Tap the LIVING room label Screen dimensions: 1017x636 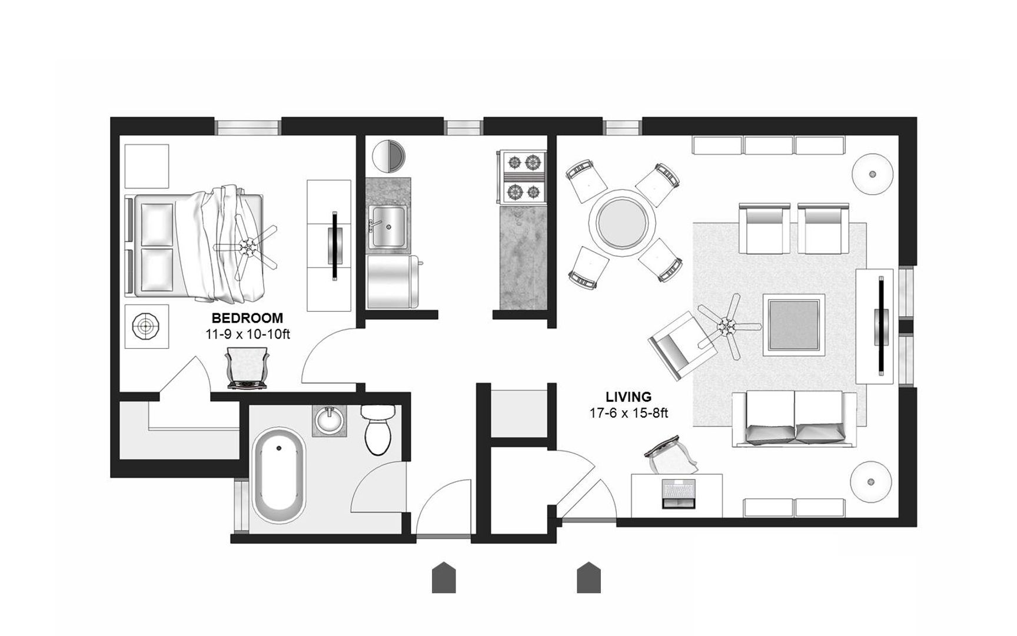[x=629, y=397]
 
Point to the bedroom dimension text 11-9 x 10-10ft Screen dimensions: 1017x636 [x=248, y=334]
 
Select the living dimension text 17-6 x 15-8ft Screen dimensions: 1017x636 [x=629, y=413]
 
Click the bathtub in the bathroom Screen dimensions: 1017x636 [x=280, y=477]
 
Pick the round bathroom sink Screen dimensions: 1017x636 [x=330, y=420]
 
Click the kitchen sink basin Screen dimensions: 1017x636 [x=388, y=227]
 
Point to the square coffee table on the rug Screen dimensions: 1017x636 [x=792, y=324]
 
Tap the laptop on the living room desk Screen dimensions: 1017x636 [x=679, y=493]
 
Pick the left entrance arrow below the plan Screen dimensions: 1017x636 [x=444, y=578]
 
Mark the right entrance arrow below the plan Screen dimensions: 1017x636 [x=589, y=578]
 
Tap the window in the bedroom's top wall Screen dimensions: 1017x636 [x=247, y=127]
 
